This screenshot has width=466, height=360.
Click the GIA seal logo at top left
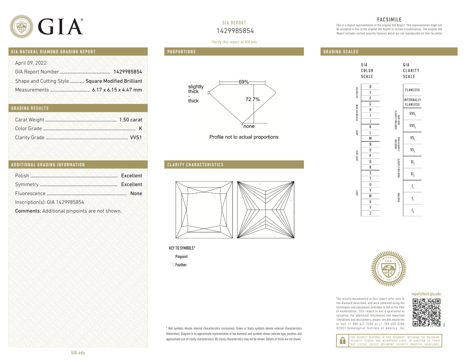pos(21,27)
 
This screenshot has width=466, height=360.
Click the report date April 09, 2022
pos(31,63)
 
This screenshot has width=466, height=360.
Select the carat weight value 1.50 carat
pos(130,120)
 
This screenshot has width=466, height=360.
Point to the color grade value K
pos(140,128)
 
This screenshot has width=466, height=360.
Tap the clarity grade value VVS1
pos(136,138)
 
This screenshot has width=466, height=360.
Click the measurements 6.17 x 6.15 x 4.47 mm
pos(117,90)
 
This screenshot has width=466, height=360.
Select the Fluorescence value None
pos(136,193)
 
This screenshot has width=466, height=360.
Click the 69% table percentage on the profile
pos(243,82)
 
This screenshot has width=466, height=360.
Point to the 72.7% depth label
pos(252,99)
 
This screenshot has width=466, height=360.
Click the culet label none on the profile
pos(249,126)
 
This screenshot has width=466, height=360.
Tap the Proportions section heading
pos(181,52)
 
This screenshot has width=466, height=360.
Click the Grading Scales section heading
pos(341,52)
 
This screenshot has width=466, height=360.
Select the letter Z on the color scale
pos(370,213)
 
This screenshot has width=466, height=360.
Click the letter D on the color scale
pos(370,87)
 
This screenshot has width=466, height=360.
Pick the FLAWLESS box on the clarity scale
pos(412,90)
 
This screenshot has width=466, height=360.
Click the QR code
pos(426,312)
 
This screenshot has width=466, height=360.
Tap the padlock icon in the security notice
pos(343,341)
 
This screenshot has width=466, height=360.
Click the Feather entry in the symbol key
pos(181,265)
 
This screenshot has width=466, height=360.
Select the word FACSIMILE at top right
pos(389,19)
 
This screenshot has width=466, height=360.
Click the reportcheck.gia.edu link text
pos(426,294)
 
